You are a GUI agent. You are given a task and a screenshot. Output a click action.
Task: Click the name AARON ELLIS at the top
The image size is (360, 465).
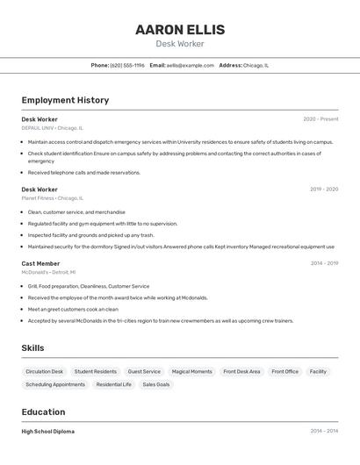(180, 30)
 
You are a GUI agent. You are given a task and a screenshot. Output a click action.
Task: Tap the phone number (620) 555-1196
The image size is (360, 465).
(127, 65)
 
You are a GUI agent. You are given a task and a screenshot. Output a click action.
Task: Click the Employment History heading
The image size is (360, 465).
(65, 100)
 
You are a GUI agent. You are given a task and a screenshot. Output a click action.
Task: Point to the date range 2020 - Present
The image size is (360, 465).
(320, 119)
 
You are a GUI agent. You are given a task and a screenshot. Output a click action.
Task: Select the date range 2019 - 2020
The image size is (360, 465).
(324, 190)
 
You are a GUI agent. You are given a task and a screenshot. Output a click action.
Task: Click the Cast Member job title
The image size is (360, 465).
(40, 263)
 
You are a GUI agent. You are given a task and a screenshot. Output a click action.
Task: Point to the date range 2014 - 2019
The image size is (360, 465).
(324, 263)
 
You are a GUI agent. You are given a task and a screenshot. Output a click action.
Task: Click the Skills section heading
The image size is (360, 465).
(32, 348)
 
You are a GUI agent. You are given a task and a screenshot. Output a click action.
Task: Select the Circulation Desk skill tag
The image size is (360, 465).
(45, 372)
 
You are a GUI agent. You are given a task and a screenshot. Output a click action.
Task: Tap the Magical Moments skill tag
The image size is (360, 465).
(191, 372)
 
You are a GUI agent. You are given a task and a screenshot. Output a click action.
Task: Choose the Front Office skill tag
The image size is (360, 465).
(284, 372)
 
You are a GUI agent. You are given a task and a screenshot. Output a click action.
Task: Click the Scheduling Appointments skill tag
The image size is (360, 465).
(55, 384)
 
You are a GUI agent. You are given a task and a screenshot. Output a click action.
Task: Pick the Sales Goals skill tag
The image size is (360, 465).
(156, 384)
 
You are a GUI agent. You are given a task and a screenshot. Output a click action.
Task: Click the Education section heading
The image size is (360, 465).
(43, 412)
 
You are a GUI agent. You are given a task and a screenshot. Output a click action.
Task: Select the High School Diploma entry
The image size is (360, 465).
(48, 432)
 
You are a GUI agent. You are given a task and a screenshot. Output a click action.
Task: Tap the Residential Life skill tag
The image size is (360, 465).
(114, 384)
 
